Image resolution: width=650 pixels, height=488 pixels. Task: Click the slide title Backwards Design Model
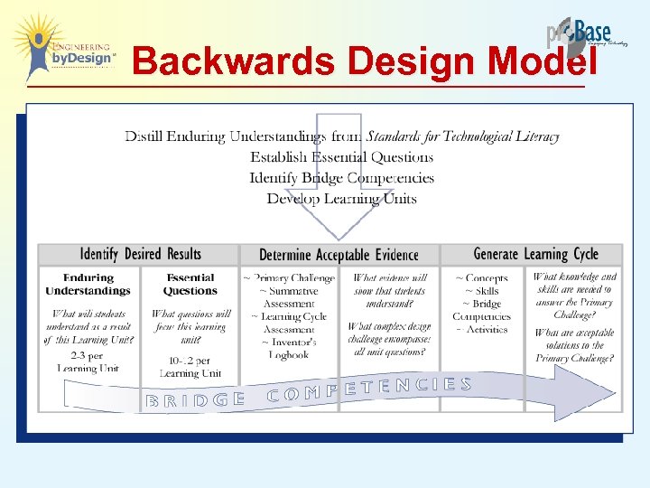click(364, 61)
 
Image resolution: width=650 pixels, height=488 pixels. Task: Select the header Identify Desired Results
click(140, 254)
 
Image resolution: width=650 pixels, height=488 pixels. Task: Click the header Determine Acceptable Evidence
click(338, 255)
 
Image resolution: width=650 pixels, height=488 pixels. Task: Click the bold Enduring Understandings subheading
click(88, 285)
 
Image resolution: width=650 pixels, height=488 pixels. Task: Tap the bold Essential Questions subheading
click(190, 285)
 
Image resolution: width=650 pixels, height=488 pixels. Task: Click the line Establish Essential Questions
click(341, 157)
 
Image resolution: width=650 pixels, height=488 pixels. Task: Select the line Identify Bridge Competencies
click(341, 178)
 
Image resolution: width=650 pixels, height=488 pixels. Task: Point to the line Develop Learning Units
click(341, 198)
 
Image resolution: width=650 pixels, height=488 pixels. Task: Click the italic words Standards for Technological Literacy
click(462, 136)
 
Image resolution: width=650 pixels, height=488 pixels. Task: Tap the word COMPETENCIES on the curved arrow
click(369, 389)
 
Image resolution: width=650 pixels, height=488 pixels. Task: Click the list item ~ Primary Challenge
click(289, 278)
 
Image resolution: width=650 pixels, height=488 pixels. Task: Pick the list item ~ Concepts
click(481, 278)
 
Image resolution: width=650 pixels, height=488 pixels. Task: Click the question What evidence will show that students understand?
click(390, 292)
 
